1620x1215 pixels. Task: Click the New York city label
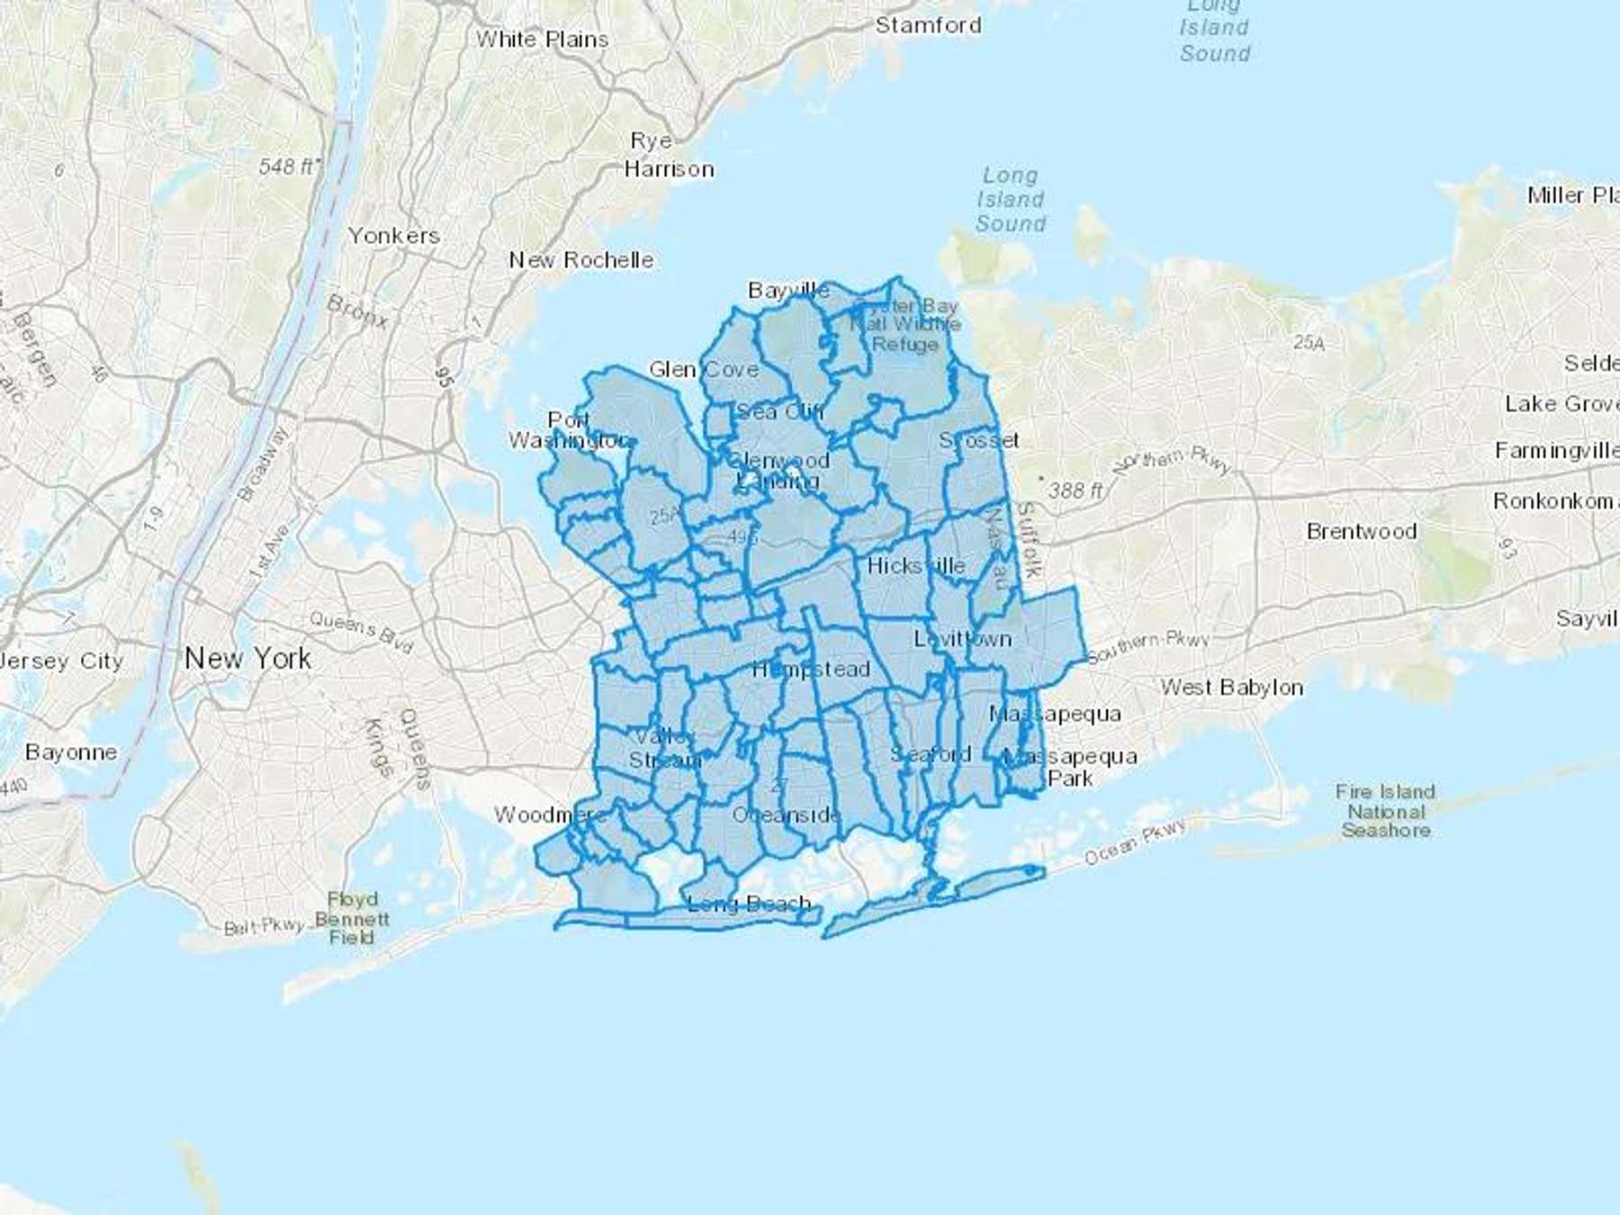pyautogui.click(x=247, y=659)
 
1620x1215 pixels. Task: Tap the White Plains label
pyautogui.click(x=542, y=40)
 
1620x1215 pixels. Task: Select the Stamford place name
pyautogui.click(x=928, y=25)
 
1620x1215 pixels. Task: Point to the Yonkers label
pyautogui.click(x=393, y=236)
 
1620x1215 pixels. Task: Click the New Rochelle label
pyautogui.click(x=581, y=260)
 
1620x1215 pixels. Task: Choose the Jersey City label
pyautogui.click(x=61, y=661)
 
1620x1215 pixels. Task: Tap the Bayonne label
pyautogui.click(x=71, y=752)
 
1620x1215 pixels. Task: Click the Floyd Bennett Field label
pyautogui.click(x=352, y=918)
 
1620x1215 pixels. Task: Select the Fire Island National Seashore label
pyautogui.click(x=1385, y=811)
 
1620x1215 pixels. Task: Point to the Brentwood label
pyautogui.click(x=1361, y=531)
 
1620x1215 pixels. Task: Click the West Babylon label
pyautogui.click(x=1231, y=688)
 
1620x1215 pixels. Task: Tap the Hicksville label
pyautogui.click(x=915, y=566)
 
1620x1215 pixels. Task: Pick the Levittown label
pyautogui.click(x=962, y=639)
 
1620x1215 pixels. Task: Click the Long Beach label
pyautogui.click(x=749, y=904)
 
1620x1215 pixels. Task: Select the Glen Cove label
pyautogui.click(x=703, y=370)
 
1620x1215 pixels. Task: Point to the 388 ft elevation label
pyautogui.click(x=1075, y=490)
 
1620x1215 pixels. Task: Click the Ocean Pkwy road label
pyautogui.click(x=1135, y=841)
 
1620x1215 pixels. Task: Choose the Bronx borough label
pyautogui.click(x=357, y=311)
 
